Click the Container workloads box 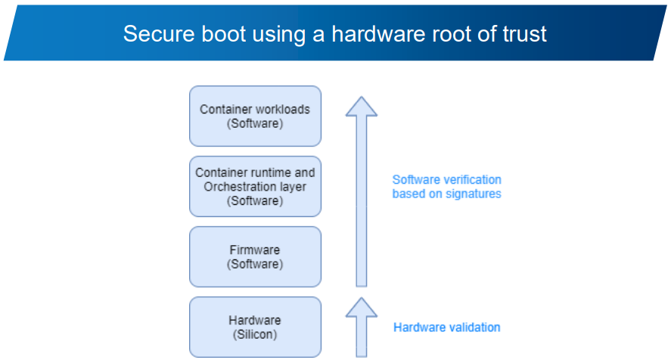pyautogui.click(x=255, y=116)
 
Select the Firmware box pyautogui.click(x=255, y=256)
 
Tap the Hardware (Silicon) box pyautogui.click(x=255, y=327)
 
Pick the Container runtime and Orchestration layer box pyautogui.click(x=255, y=186)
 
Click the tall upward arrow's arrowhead pyautogui.click(x=362, y=107)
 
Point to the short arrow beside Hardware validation pyautogui.click(x=362, y=325)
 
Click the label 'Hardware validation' pyautogui.click(x=446, y=327)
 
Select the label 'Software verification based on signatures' pyautogui.click(x=446, y=186)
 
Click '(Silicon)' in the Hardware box pyautogui.click(x=255, y=334)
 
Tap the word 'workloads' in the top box pyautogui.click(x=284, y=109)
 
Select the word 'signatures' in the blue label pyautogui.click(x=475, y=194)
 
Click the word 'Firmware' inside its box pyautogui.click(x=255, y=250)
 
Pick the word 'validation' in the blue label pyautogui.click(x=474, y=327)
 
